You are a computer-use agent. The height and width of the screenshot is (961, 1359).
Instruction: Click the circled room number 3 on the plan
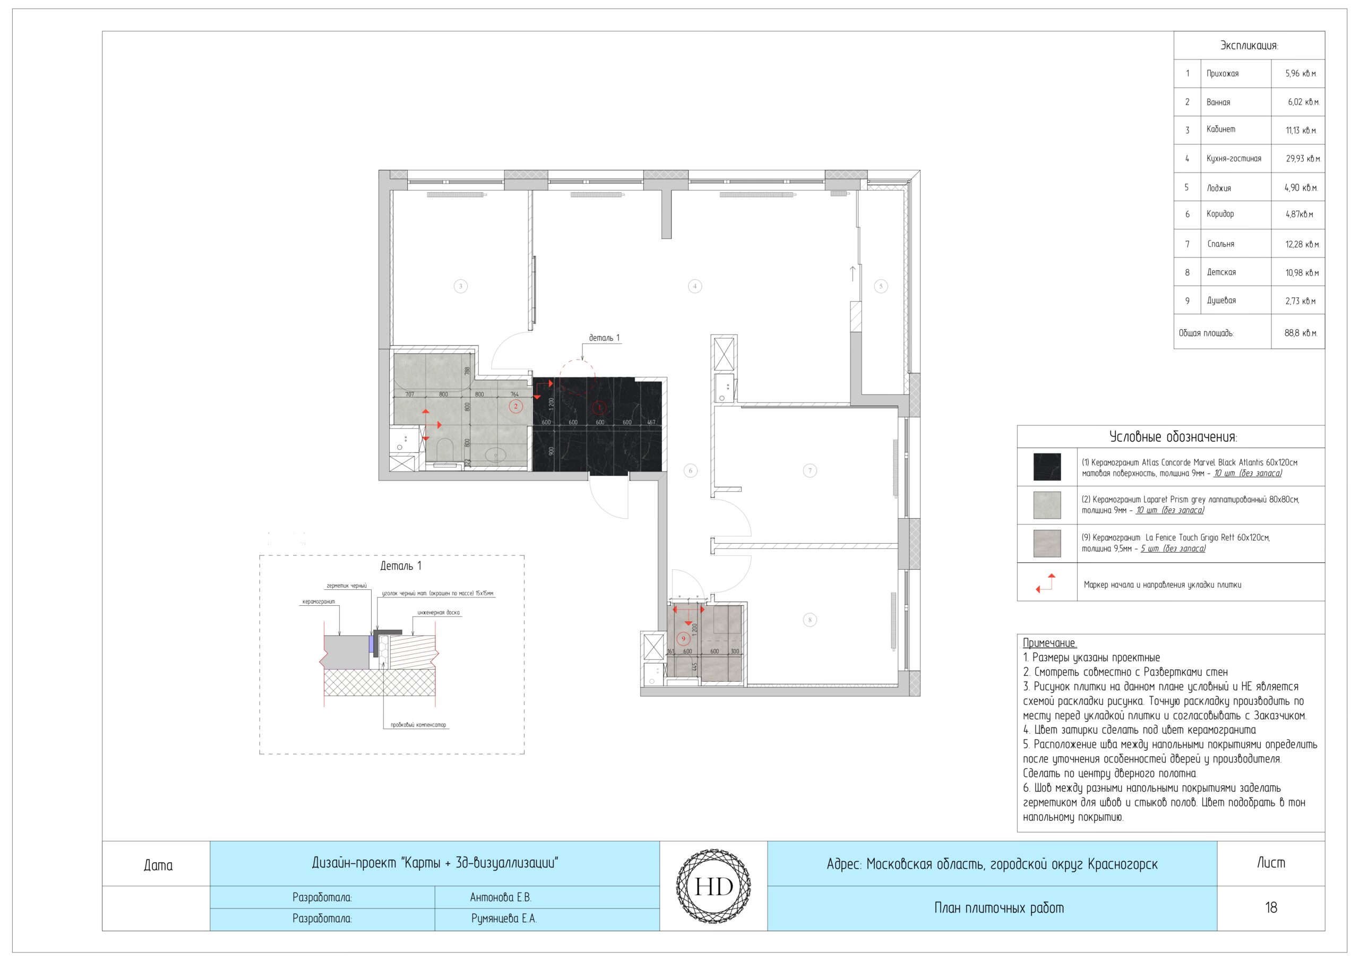click(x=460, y=287)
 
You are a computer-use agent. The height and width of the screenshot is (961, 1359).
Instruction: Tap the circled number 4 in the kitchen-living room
click(x=695, y=287)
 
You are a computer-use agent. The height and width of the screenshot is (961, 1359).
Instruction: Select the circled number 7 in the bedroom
click(x=810, y=471)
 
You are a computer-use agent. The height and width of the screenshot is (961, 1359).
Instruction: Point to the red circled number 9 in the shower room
click(x=684, y=639)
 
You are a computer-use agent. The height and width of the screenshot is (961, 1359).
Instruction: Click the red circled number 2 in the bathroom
click(x=515, y=406)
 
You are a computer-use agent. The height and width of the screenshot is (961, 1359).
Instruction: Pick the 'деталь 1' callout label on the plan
click(x=604, y=338)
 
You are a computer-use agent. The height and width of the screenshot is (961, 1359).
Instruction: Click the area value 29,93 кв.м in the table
click(x=1303, y=159)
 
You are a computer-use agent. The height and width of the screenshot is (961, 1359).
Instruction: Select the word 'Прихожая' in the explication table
click(x=1222, y=73)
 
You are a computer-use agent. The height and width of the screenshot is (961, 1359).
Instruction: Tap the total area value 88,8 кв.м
click(x=1301, y=333)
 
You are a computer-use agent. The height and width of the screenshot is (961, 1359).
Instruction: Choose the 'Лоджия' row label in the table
click(x=1219, y=188)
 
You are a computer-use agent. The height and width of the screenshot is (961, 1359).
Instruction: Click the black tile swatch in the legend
click(x=1046, y=467)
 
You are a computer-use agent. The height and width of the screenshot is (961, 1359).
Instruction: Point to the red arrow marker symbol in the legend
click(x=1045, y=583)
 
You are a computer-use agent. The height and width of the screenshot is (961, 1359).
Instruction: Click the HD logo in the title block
click(x=713, y=886)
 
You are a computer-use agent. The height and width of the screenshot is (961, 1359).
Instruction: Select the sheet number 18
click(x=1270, y=907)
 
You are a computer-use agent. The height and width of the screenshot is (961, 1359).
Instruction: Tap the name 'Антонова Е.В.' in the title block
click(x=501, y=897)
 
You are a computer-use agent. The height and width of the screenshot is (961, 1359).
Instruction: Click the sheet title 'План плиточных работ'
click(x=999, y=908)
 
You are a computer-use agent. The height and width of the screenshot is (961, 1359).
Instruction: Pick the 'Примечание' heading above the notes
click(x=1050, y=642)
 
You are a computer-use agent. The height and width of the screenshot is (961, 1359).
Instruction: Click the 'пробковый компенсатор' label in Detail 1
click(x=418, y=725)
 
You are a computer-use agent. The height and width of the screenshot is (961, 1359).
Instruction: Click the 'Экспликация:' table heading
click(x=1249, y=46)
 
